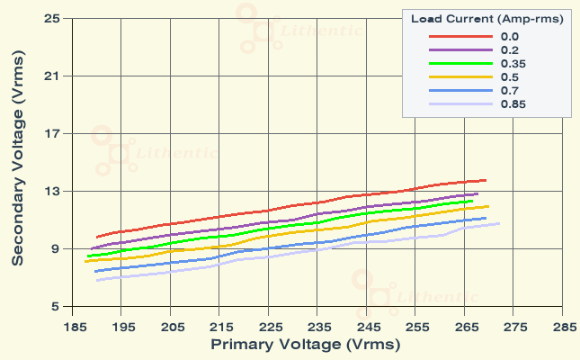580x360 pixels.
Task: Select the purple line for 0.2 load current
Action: click(x=270, y=221)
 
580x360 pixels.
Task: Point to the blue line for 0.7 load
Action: click(x=270, y=247)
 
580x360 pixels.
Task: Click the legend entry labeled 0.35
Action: click(x=513, y=64)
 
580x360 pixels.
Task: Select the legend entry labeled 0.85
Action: click(x=513, y=104)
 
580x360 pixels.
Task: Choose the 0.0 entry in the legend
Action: click(x=509, y=37)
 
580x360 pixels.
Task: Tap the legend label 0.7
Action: click(x=509, y=91)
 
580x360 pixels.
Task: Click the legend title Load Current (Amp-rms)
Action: click(x=486, y=19)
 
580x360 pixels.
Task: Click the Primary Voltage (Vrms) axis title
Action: click(x=305, y=345)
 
